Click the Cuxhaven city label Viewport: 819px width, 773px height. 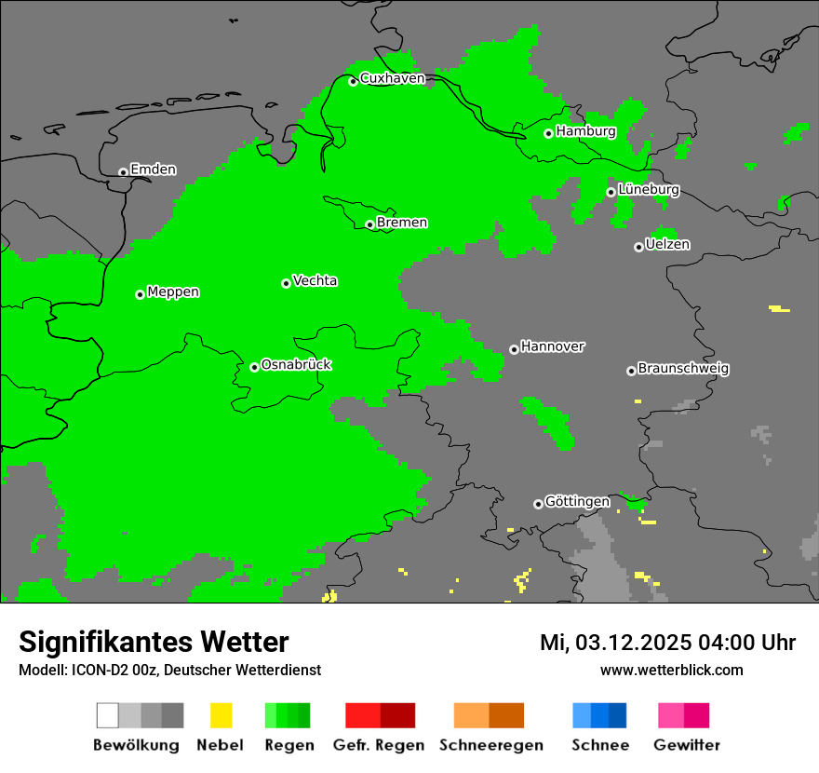[x=392, y=78]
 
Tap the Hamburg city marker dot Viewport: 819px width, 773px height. [x=549, y=133]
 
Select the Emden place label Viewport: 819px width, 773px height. [x=153, y=170]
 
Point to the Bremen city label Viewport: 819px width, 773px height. [x=402, y=223]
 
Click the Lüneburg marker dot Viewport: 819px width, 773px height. [x=611, y=192]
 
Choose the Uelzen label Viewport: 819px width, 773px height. [x=667, y=244]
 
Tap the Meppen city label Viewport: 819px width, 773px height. [x=173, y=292]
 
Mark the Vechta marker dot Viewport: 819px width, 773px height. [x=286, y=283]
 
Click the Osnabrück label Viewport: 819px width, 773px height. [x=296, y=364]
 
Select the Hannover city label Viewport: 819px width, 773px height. [x=553, y=346]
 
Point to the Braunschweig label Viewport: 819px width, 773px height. [x=683, y=369]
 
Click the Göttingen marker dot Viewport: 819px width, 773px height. [x=538, y=504]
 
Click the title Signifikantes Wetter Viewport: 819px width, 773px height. [x=154, y=642]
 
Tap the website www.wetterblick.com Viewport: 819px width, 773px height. [x=671, y=670]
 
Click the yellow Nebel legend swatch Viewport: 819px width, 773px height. [x=221, y=715]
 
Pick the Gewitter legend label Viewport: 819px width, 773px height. [x=686, y=745]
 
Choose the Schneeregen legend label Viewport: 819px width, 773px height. [x=490, y=745]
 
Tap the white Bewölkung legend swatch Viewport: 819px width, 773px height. [x=108, y=715]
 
